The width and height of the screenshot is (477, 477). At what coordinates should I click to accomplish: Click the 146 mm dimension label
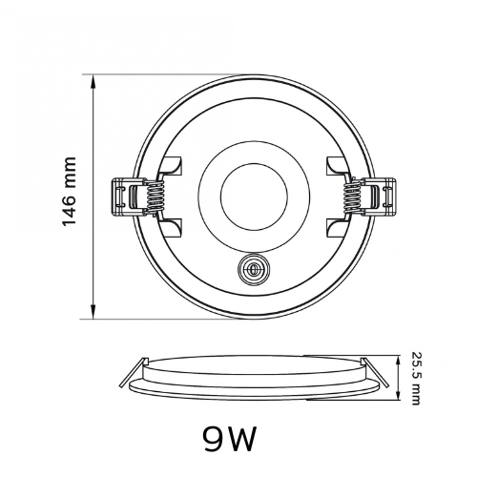69,192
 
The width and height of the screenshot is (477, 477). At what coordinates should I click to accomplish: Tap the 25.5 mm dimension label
416,378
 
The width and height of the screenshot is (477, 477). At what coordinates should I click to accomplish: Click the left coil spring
156,197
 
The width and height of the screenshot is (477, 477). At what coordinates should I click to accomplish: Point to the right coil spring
353,197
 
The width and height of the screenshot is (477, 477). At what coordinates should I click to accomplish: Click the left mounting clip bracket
128,197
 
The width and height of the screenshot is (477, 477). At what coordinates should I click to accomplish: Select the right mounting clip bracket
381,197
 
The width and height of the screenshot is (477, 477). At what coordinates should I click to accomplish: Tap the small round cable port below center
254,270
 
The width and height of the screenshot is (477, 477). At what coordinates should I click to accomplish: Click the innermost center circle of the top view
254,197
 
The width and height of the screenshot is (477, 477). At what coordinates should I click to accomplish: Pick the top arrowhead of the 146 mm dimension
93,82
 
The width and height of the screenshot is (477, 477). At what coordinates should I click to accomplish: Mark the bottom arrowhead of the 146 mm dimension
93,311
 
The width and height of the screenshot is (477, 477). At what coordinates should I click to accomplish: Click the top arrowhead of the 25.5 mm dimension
398,362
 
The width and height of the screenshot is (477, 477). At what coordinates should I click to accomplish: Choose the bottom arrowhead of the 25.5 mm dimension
398,394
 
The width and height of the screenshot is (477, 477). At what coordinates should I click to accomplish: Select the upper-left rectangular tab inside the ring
171,165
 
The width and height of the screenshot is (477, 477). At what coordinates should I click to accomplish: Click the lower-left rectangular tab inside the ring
171,228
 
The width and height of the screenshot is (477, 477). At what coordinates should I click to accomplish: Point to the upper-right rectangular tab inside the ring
338,165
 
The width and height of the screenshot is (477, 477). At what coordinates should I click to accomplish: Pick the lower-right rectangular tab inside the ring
338,228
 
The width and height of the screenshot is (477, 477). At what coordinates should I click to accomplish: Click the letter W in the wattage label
242,439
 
